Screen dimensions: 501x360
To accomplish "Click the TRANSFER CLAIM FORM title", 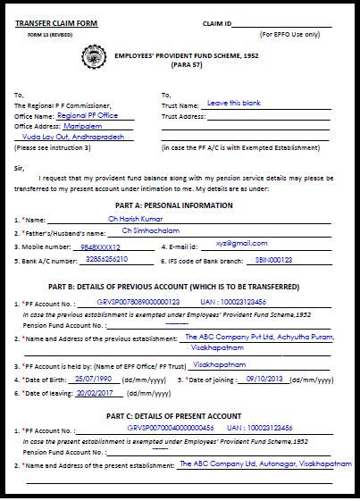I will (54, 22).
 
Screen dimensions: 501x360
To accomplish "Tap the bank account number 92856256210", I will (105, 259).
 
